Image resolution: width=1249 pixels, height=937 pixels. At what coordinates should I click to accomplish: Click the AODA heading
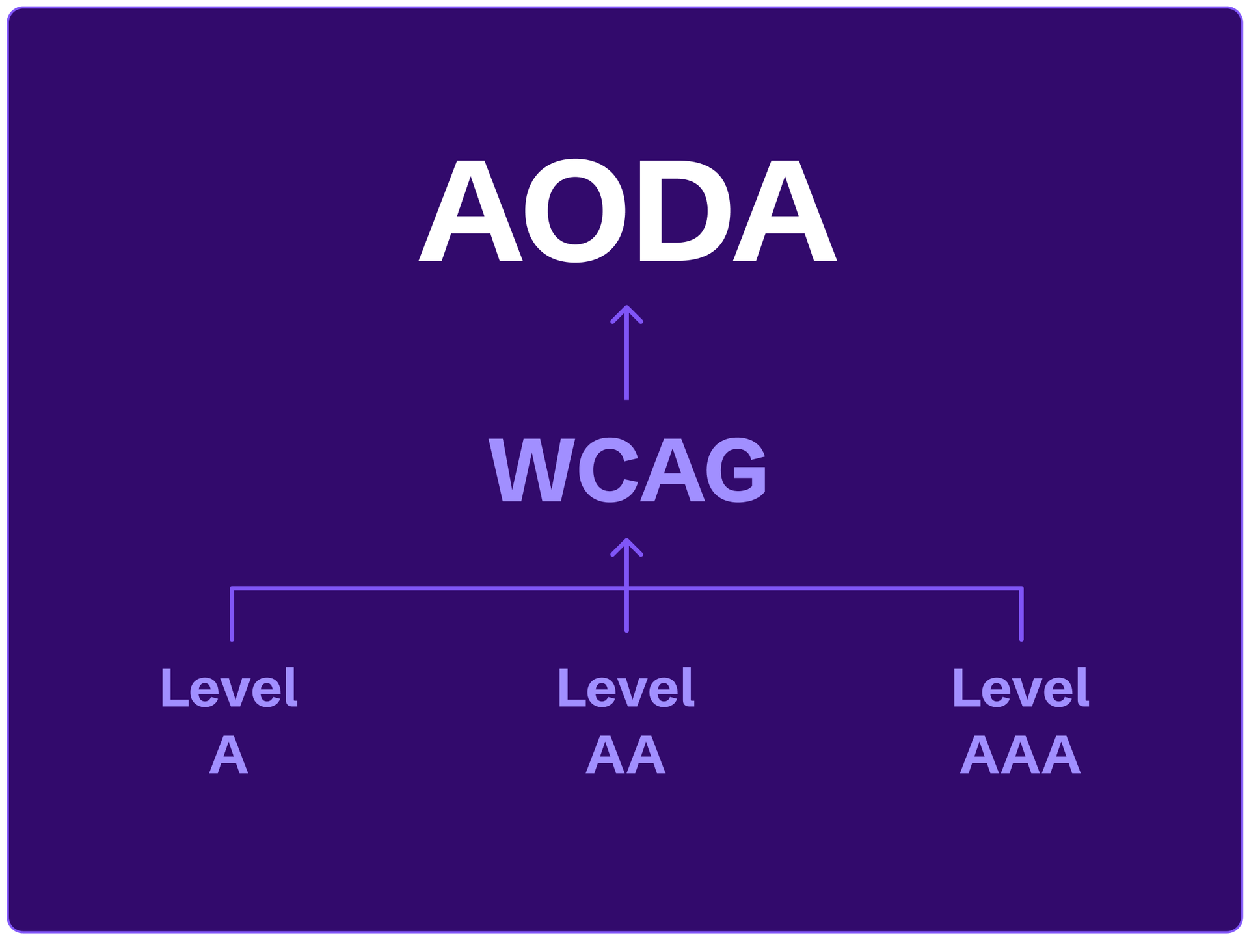tap(627, 211)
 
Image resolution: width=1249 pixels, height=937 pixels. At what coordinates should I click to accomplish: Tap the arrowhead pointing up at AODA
tap(626, 315)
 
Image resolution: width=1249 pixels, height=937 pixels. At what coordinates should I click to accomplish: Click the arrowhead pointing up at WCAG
tap(626, 548)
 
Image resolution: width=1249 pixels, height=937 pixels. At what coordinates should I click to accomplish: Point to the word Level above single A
tap(229, 688)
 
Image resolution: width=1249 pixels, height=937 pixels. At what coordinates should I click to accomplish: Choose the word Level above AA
tap(626, 688)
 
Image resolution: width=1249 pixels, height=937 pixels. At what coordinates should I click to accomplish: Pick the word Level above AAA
tap(1020, 688)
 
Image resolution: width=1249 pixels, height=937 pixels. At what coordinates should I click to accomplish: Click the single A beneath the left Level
tap(229, 755)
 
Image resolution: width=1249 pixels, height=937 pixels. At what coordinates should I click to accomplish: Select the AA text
tap(626, 755)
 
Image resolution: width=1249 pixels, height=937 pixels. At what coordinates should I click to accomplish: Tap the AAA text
tap(1020, 755)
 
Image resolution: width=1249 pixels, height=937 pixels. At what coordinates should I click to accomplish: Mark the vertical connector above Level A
tap(232, 614)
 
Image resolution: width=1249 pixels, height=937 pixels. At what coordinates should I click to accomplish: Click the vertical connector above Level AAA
tap(1021, 614)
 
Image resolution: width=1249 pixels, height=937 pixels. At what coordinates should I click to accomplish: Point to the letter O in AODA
tap(577, 211)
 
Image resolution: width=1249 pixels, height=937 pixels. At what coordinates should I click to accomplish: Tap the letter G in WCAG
tap(737, 469)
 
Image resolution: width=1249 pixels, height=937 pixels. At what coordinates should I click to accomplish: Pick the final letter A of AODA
tap(784, 211)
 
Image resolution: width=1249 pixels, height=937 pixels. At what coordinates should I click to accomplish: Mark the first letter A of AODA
tap(471, 211)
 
